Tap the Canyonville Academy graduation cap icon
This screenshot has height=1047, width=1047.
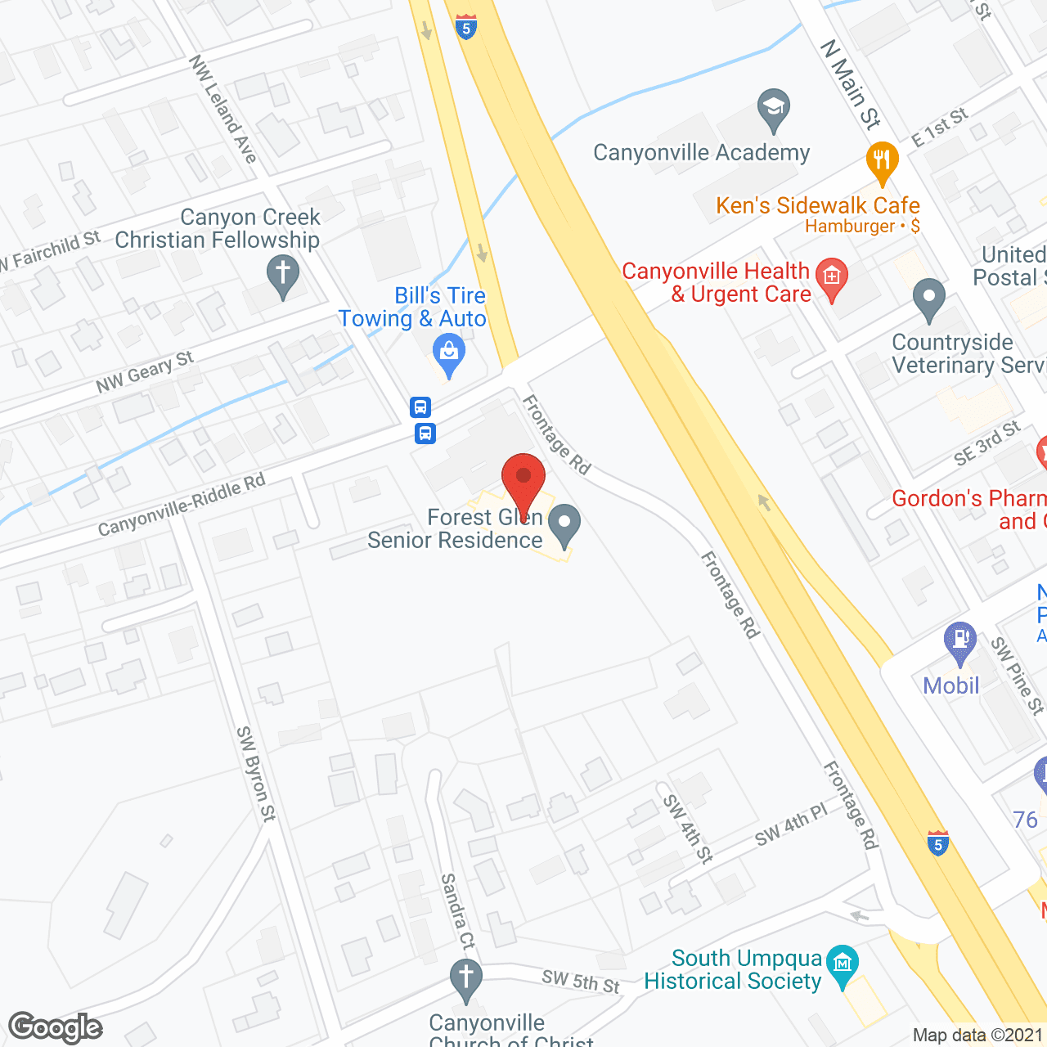tap(773, 109)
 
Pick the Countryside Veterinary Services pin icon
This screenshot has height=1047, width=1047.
tap(928, 298)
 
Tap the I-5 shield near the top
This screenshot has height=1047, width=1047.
tap(465, 27)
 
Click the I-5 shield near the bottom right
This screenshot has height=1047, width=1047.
tap(938, 843)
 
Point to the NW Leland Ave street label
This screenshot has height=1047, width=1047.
tap(222, 109)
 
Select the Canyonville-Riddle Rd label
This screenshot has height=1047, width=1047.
tap(182, 505)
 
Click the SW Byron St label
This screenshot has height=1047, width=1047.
tap(255, 773)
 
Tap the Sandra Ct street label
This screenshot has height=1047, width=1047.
tap(457, 911)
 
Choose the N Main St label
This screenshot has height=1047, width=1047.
tap(851, 85)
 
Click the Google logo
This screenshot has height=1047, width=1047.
tap(56, 1027)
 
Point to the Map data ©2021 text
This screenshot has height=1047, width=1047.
tap(977, 1036)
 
